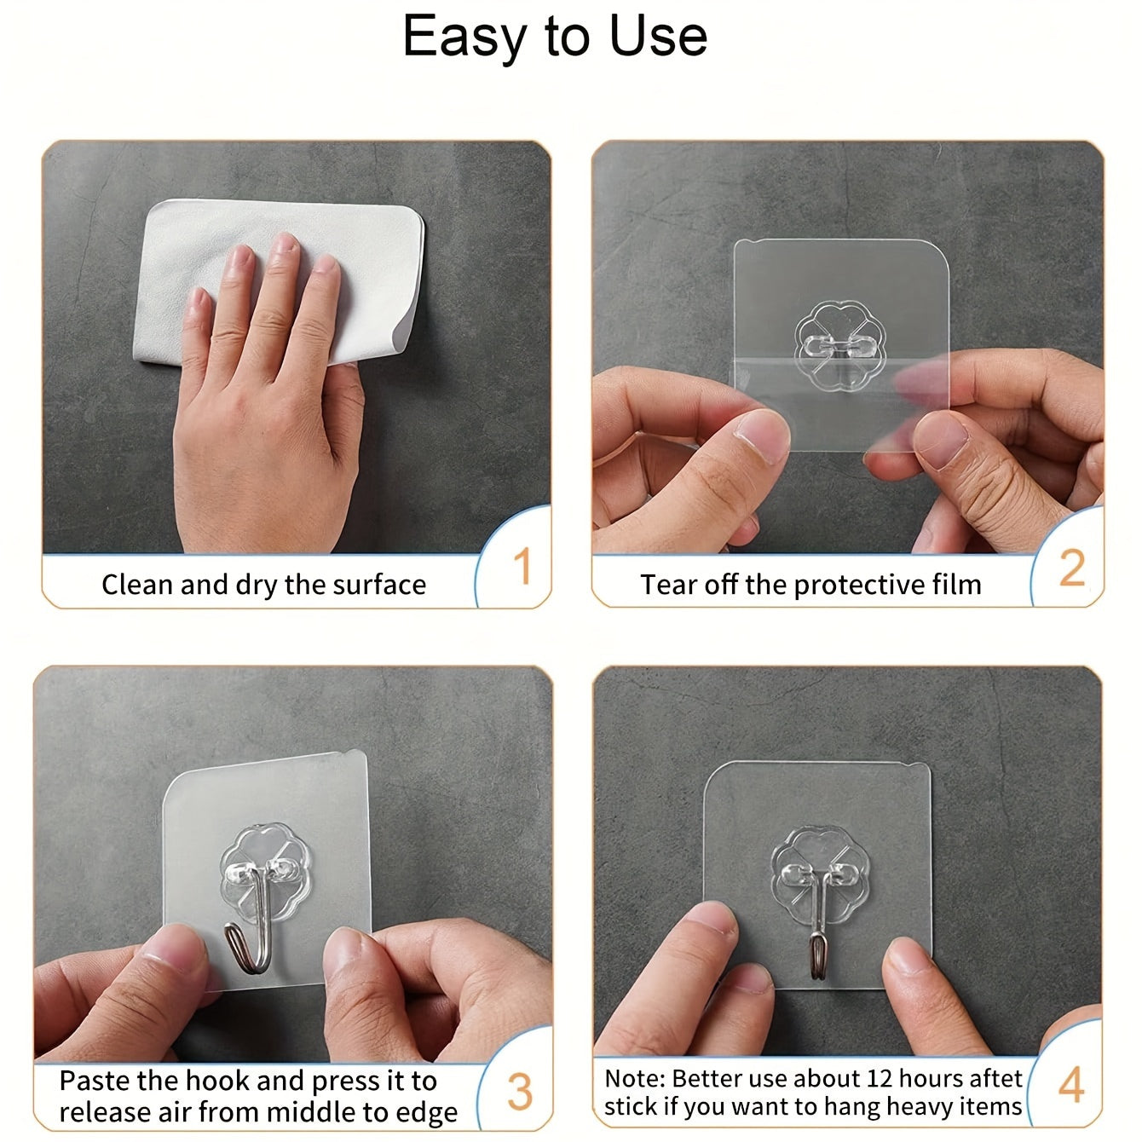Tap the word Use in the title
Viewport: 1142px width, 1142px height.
pyautogui.click(x=658, y=37)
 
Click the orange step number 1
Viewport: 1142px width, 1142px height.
pyautogui.click(x=522, y=568)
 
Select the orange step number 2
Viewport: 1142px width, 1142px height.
pyautogui.click(x=1071, y=568)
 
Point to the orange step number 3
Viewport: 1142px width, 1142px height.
pyautogui.click(x=519, y=1092)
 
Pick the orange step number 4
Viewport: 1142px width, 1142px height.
pyautogui.click(x=1071, y=1085)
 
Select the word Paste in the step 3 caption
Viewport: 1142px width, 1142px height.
pyautogui.click(x=95, y=1081)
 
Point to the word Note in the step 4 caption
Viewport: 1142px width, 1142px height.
pyautogui.click(x=633, y=1078)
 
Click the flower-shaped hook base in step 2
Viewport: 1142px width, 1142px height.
pyautogui.click(x=834, y=346)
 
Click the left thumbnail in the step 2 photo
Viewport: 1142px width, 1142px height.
pyautogui.click(x=762, y=435)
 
